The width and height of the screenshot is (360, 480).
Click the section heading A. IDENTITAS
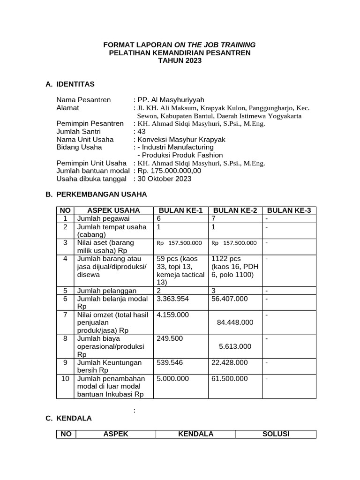(x=70, y=84)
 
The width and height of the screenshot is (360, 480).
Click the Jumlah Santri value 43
(x=142, y=132)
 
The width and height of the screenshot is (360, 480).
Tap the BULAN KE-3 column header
(x=289, y=210)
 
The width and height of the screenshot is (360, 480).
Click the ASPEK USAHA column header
(x=114, y=210)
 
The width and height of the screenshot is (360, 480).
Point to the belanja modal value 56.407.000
(x=230, y=299)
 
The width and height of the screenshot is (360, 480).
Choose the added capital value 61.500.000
(x=230, y=379)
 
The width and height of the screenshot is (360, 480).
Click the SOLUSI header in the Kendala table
(x=276, y=434)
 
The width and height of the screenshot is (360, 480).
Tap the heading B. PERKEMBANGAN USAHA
(x=96, y=194)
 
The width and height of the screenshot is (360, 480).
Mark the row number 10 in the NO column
(x=66, y=379)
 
